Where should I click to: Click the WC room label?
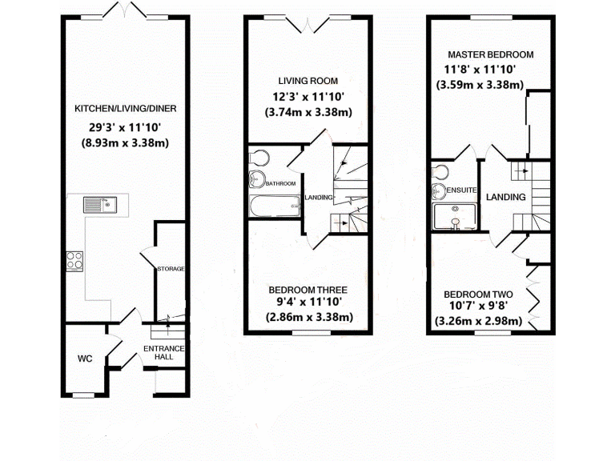[x=86, y=359]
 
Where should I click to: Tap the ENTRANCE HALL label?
[x=164, y=353]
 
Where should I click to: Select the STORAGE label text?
[x=171, y=268]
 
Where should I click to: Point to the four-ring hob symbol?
[x=75, y=260]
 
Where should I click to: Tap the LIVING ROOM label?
[x=308, y=81]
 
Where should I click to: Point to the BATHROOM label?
[x=281, y=183]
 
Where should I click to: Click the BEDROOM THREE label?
[x=307, y=289]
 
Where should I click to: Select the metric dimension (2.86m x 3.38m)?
[x=308, y=317]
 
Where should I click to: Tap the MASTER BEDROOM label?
[x=490, y=54]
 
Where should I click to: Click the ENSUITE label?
[x=464, y=190]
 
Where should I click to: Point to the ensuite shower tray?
[x=454, y=216]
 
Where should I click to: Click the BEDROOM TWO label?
[x=479, y=294]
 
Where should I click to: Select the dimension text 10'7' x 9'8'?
[x=479, y=307]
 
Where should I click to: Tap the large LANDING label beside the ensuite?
[x=506, y=197]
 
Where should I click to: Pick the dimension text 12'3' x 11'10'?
[x=308, y=97]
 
